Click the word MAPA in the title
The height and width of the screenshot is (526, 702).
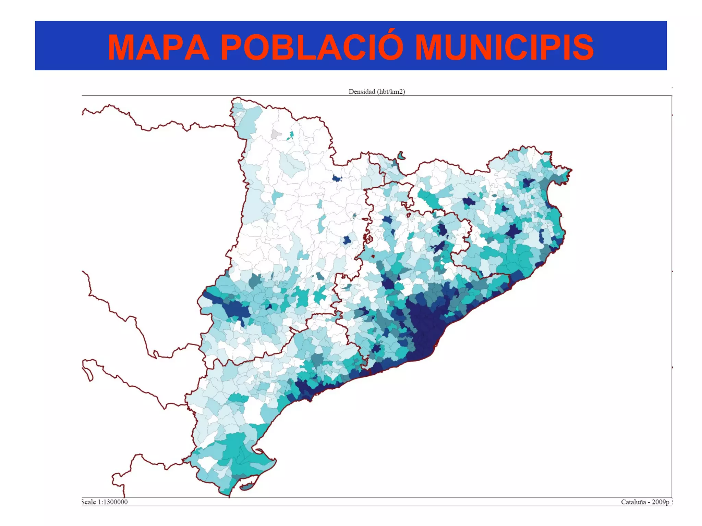click(x=158, y=48)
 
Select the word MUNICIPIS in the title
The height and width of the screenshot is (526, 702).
click(x=504, y=48)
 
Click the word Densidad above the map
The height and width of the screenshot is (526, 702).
click(x=362, y=92)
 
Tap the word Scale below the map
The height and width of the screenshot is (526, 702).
click(x=89, y=502)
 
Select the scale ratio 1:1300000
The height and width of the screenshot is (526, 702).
click(x=113, y=502)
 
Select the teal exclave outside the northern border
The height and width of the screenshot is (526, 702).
click(x=401, y=156)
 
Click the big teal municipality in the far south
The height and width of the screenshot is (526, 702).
click(x=237, y=449)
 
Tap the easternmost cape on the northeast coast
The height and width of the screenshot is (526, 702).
click(x=570, y=170)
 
